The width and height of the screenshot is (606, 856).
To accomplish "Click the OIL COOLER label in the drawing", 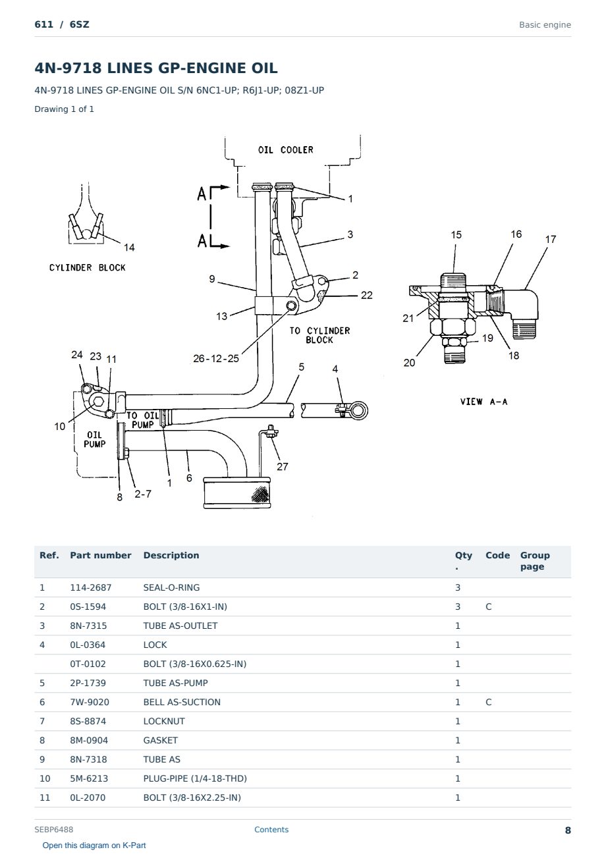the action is click(286, 150).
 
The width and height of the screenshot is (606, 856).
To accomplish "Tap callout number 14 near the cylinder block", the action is click(129, 248).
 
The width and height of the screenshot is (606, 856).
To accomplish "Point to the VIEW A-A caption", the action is click(483, 402).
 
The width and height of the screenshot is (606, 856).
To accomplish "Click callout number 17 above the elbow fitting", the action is click(550, 239).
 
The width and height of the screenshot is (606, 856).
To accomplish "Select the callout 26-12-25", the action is click(216, 358).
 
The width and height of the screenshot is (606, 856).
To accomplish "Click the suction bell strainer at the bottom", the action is click(237, 493).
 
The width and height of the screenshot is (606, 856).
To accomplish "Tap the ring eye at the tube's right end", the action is click(359, 411).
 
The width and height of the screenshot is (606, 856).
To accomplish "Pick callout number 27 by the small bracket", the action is click(282, 467).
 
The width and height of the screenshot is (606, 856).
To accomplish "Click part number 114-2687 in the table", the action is click(91, 587).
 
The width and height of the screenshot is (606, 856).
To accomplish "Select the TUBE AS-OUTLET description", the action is click(180, 626).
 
